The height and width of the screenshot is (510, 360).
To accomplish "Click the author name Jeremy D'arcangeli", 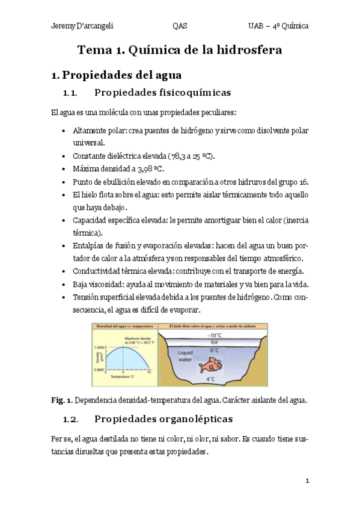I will [82, 27].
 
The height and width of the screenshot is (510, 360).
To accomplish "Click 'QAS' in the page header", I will [180, 27].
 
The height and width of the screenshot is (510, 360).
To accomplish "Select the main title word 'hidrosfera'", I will [245, 51].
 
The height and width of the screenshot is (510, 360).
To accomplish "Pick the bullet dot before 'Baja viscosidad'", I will [65, 284].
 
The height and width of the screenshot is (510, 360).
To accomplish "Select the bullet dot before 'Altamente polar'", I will [65, 131].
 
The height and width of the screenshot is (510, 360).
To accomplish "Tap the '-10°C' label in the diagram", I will [213, 336].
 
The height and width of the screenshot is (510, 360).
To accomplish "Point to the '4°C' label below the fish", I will [210, 379].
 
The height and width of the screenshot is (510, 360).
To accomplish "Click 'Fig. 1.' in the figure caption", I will [61, 399].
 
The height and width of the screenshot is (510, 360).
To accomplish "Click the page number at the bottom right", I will [307, 481].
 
